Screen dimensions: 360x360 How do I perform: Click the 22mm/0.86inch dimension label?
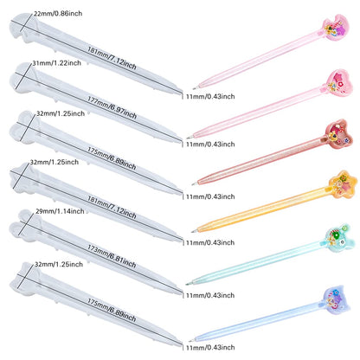point(58,14)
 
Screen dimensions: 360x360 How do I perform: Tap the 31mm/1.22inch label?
point(56,63)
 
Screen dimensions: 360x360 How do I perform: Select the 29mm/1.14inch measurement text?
point(60,211)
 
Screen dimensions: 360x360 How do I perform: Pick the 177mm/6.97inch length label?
point(112,107)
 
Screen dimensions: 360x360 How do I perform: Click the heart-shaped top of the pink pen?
point(337,82)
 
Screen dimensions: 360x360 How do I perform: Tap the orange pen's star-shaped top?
point(343,184)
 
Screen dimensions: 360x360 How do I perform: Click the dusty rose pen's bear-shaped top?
point(339,134)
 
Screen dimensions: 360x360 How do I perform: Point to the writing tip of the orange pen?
point(192,231)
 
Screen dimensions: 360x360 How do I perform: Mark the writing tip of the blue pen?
point(190,341)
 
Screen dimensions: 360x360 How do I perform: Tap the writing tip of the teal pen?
point(187,285)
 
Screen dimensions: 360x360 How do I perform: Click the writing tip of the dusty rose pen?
point(193,184)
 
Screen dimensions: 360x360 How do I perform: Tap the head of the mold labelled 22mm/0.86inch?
point(21,28)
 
